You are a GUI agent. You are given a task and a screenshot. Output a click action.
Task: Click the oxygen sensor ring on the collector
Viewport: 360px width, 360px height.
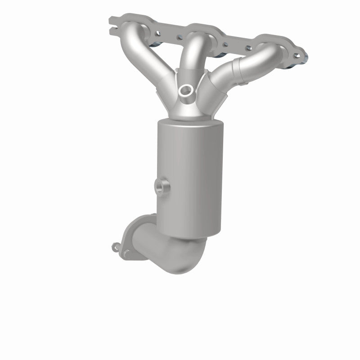click(185, 90)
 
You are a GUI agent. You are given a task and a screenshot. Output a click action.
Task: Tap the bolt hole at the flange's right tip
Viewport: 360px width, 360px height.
click(297, 56)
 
